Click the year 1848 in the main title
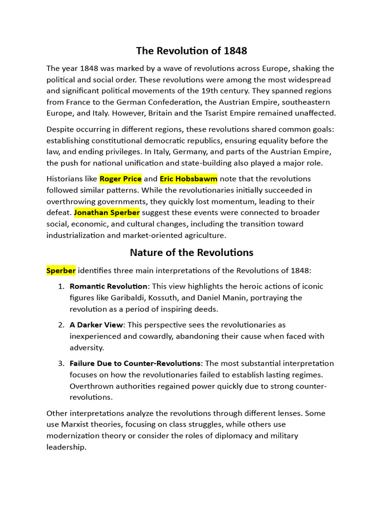pos(234,51)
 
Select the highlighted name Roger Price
pos(121,178)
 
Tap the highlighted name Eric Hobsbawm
pos(188,178)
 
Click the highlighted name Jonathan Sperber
pos(107,212)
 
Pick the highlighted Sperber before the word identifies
pos(61,270)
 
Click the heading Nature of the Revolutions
pos(191,252)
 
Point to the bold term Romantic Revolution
pos(108,286)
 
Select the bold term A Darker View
pos(96,325)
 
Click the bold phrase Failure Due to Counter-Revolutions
pos(135,363)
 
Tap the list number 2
pos(60,325)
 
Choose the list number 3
pos(60,363)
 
